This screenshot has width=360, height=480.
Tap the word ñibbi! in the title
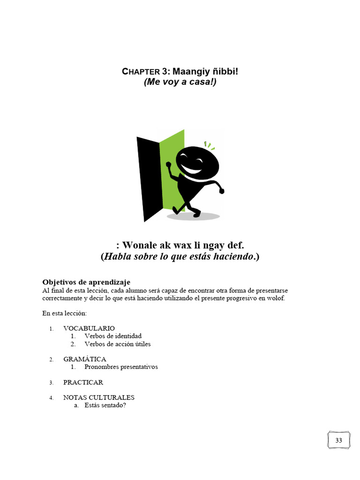coord(225,72)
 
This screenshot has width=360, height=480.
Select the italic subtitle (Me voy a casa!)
coord(180,82)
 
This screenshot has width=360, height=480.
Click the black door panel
coord(148,178)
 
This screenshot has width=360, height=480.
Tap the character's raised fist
coord(169,165)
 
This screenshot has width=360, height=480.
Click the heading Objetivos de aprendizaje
coord(86,282)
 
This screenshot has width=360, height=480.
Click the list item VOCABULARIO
coord(89,328)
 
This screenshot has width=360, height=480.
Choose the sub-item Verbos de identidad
coord(113,336)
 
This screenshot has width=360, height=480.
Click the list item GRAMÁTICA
coord(85,359)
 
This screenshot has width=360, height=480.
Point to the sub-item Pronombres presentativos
coord(121,367)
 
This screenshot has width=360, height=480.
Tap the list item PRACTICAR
coord(83,382)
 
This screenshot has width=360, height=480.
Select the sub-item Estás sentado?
coord(105,405)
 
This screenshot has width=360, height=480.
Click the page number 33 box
coord(338,440)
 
